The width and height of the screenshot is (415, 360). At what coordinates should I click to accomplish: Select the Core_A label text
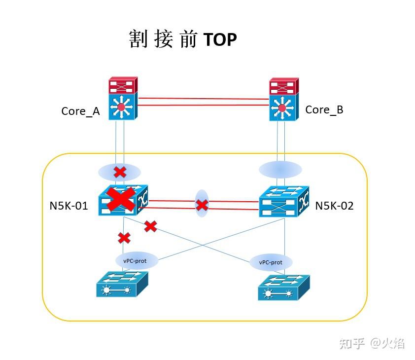point(80,111)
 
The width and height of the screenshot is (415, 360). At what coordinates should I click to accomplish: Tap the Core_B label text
point(324,109)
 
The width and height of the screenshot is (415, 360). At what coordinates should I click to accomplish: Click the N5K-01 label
point(69,206)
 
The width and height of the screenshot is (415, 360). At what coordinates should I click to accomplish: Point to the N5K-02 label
point(334,206)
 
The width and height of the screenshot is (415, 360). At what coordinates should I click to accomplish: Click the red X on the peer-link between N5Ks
point(202,205)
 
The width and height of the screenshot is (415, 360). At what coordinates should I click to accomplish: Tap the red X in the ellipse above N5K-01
point(120,172)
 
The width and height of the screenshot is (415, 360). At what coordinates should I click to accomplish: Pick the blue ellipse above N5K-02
point(280,170)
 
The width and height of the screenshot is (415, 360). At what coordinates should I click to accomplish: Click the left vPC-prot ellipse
point(137,260)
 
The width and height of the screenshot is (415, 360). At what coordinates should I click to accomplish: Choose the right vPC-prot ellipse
point(271,262)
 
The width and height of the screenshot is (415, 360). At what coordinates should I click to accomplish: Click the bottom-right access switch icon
point(283,288)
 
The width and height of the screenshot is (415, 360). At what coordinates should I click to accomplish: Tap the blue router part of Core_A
point(122,108)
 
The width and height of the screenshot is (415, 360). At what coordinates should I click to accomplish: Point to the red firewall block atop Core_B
point(283,86)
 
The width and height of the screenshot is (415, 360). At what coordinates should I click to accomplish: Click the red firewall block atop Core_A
point(123,85)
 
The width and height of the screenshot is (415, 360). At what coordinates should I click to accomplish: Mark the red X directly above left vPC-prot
point(124,238)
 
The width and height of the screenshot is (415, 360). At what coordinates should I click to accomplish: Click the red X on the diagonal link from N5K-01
point(150,226)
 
